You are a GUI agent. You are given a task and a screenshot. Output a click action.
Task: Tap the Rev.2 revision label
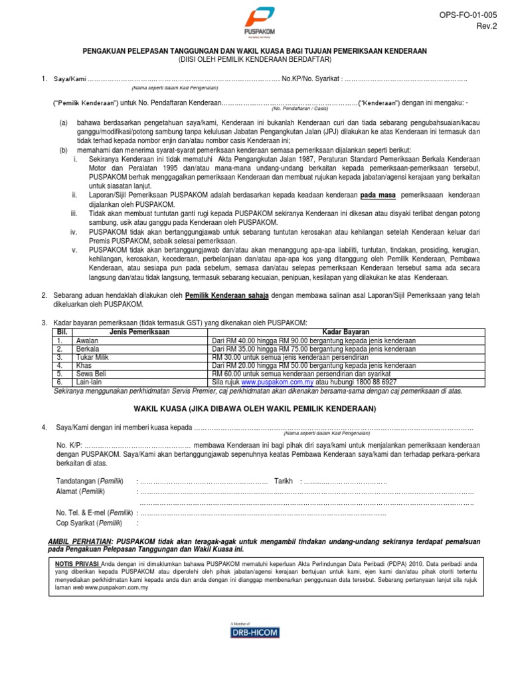pos(486,25)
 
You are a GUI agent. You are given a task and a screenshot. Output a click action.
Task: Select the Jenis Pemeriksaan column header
pos(139,331)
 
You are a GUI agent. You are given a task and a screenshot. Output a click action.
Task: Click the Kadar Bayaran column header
pos(346,331)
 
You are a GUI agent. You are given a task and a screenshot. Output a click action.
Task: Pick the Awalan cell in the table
pos(88,340)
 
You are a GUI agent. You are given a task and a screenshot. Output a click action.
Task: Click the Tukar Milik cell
pos(93,357)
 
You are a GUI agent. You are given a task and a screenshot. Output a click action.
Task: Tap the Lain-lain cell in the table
pos(90,382)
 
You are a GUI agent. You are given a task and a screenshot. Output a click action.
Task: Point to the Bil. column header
pos(63,331)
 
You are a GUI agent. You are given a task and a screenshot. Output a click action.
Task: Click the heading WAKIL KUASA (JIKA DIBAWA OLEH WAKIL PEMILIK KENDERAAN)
pos(255,408)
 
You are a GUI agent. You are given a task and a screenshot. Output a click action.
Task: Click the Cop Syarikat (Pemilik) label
pos(89,523)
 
